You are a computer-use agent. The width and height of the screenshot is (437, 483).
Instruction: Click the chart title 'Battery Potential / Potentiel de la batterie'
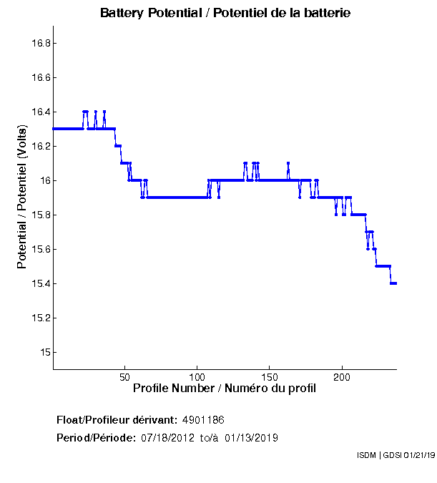(225, 13)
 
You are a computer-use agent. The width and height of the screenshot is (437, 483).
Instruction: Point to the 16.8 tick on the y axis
(40, 43)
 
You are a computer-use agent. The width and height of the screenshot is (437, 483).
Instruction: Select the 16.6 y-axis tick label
(40, 77)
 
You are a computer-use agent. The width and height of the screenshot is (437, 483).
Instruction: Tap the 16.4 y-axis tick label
(40, 112)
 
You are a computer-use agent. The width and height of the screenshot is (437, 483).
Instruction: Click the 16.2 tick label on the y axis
(40, 146)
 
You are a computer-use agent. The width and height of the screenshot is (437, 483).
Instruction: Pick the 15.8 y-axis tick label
(40, 215)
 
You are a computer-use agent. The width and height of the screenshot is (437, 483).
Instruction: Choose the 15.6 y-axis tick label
(40, 249)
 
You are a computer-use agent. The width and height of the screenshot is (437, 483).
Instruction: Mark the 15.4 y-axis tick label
(40, 283)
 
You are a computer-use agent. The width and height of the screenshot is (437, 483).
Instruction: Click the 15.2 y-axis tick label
(40, 318)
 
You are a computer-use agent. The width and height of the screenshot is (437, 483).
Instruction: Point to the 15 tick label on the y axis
(44, 352)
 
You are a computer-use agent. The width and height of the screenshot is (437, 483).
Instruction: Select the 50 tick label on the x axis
(125, 376)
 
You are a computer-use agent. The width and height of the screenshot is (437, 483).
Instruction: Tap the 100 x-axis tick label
(197, 376)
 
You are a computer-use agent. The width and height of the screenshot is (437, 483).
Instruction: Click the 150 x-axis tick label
(270, 376)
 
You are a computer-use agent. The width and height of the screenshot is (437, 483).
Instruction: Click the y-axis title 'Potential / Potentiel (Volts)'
(22, 197)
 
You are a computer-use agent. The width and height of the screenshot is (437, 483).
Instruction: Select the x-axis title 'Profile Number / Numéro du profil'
(225, 389)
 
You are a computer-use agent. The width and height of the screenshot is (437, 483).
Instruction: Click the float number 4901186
(203, 419)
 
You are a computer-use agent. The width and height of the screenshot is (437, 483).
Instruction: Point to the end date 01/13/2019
(251, 438)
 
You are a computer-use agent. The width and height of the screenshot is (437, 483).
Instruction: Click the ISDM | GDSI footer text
(395, 455)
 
